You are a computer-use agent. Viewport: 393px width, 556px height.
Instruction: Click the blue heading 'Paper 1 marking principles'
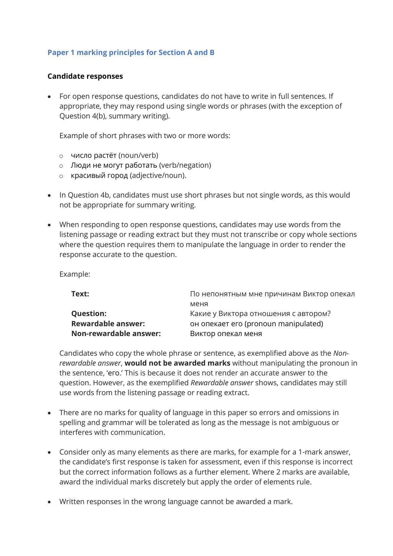(x=131, y=53)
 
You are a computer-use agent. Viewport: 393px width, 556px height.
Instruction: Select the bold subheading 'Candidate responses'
(x=85, y=76)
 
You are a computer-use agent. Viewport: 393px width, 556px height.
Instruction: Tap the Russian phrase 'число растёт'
(x=94, y=155)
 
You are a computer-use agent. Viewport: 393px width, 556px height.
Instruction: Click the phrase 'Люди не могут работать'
(x=114, y=165)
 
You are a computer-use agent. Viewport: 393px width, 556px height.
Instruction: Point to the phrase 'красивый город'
(x=99, y=175)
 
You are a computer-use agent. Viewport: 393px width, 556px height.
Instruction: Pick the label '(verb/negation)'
(x=185, y=165)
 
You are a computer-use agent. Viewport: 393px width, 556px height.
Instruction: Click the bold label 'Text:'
(x=80, y=294)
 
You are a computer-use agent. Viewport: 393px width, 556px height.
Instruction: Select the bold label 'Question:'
(x=89, y=314)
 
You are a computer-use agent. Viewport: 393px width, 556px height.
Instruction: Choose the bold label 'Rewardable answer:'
(x=108, y=324)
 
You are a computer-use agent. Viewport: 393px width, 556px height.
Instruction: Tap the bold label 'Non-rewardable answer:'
(x=116, y=334)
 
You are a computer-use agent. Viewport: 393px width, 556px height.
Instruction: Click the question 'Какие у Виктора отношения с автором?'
(x=260, y=314)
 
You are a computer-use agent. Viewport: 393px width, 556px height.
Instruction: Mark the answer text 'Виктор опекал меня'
(x=226, y=334)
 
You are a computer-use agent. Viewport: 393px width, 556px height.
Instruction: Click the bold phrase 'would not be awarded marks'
(x=177, y=363)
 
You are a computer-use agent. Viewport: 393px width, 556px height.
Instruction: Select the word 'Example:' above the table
(x=75, y=274)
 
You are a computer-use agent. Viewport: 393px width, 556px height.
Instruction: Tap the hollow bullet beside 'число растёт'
(x=61, y=156)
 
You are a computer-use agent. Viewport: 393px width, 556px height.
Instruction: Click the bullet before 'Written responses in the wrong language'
(x=50, y=502)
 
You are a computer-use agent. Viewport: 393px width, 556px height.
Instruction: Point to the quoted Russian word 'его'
(x=114, y=373)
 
